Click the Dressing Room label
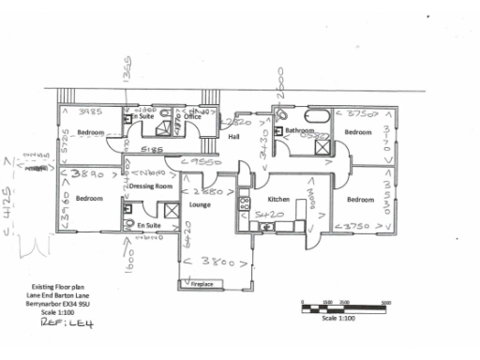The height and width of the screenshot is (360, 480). tap(151, 187)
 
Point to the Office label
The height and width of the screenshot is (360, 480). tap(204, 117)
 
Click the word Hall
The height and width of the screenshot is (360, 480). tap(235, 138)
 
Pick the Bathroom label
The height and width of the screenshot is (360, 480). tap(300, 130)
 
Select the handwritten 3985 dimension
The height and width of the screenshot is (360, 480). tap(90, 112)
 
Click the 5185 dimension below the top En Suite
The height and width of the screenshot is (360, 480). tap(153, 149)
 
